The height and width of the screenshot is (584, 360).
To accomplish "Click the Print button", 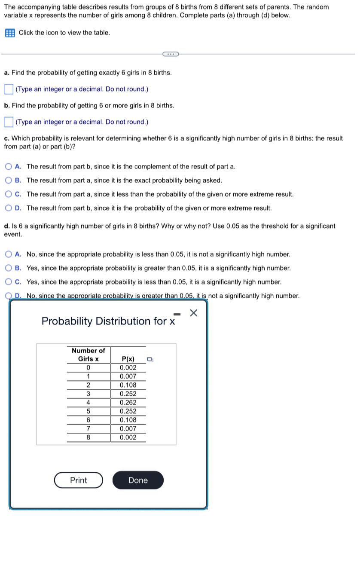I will tap(79, 480).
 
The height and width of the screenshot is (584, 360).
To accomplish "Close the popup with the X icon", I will tap(193, 313).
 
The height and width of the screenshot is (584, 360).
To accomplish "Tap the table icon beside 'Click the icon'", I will tap(9, 33).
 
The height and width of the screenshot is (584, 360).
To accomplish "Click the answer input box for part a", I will tap(9, 89).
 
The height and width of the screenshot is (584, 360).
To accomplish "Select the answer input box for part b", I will tap(9, 122).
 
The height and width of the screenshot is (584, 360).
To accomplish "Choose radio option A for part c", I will tap(9, 167).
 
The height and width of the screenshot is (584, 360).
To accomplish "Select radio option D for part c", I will tap(9, 208).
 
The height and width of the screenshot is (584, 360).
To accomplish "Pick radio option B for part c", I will tap(9, 180).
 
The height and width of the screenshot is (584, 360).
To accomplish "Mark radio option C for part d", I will tap(9, 282).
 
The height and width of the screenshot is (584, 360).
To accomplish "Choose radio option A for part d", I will tap(9, 254).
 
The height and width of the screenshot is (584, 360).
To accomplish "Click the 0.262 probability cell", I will tap(128, 403).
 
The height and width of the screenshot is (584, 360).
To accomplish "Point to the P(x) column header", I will tap(128, 359).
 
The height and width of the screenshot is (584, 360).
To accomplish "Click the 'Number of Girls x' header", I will tap(88, 355).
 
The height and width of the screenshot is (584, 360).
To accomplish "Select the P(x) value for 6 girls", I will tap(128, 420).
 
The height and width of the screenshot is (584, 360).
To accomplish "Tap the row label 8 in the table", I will tap(88, 437).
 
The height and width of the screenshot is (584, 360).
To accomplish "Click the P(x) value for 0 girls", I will tap(128, 368).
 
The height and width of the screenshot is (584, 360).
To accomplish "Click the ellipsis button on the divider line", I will tap(171, 54).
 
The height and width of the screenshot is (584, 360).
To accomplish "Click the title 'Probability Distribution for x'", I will tap(108, 321).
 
